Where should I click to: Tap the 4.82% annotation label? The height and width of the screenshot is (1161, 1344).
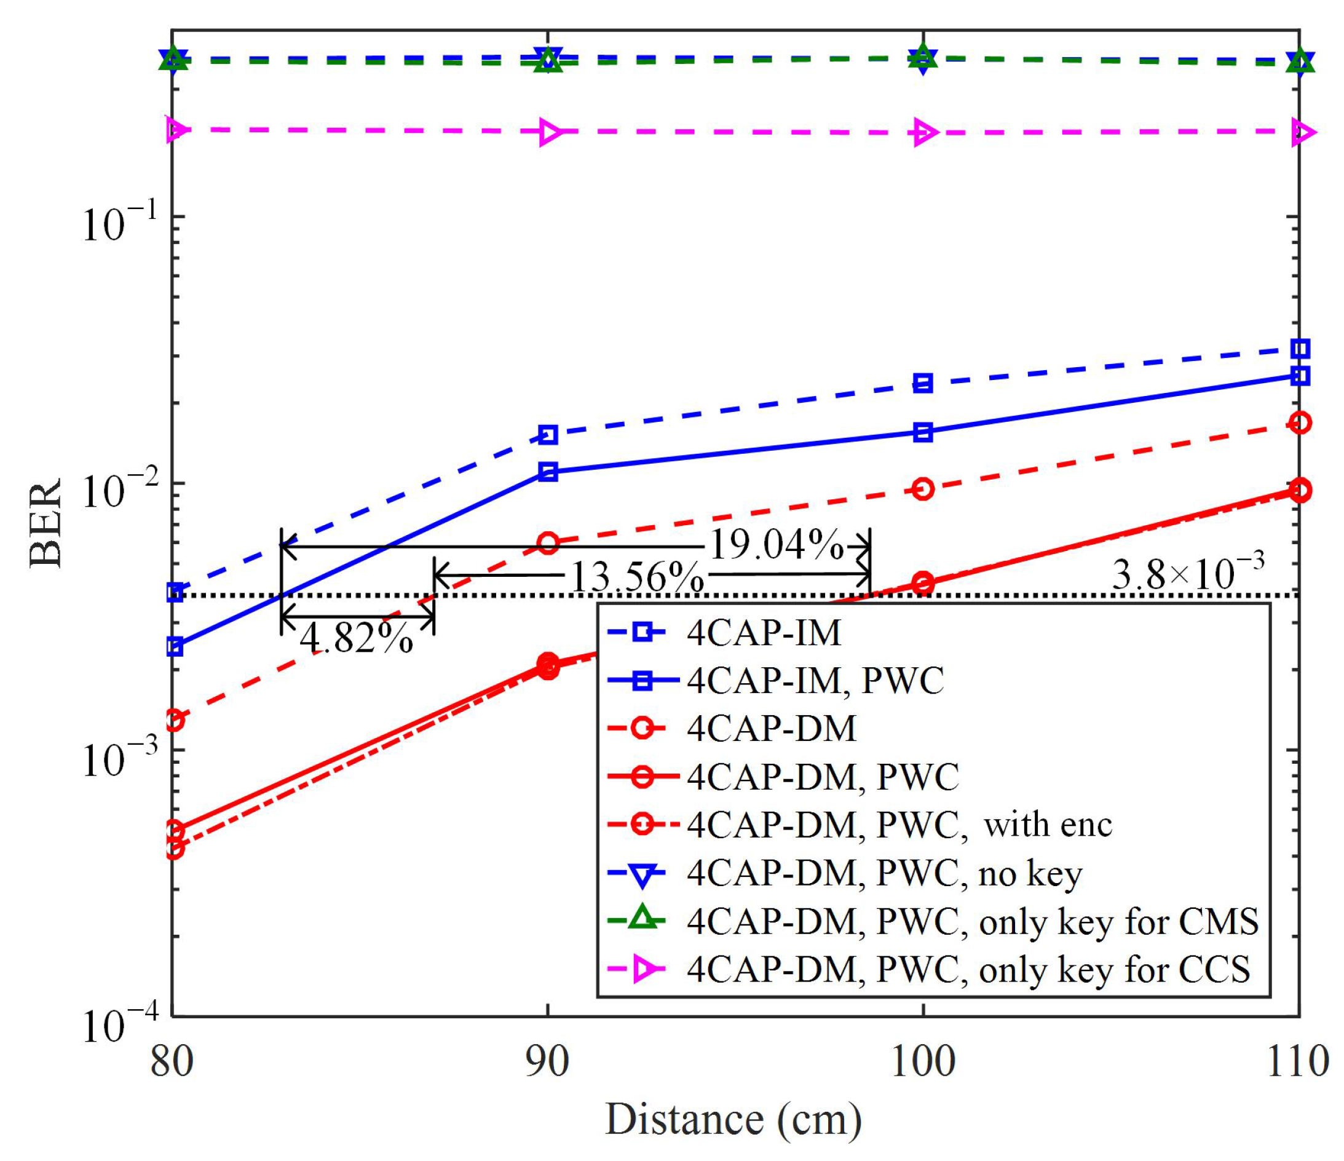coord(356,638)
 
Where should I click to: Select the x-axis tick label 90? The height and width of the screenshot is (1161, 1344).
coord(548,1063)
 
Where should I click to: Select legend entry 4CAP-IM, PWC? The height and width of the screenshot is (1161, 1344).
coord(815,680)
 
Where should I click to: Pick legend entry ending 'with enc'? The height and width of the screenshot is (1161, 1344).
coord(899,825)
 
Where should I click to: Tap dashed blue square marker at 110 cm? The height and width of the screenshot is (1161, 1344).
coord(1300,348)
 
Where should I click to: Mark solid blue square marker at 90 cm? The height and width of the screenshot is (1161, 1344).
coord(548,472)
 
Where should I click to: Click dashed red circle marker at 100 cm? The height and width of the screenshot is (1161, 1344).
coord(923,488)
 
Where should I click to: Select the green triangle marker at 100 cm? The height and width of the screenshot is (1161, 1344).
coord(923,58)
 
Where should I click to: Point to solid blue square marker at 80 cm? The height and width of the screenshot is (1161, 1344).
coord(174,646)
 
